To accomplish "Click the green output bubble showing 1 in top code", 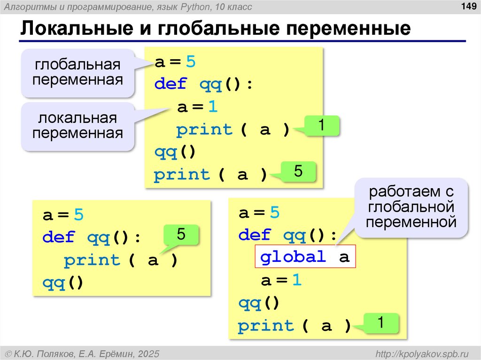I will click(x=322, y=126).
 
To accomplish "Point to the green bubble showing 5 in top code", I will click(x=298, y=172).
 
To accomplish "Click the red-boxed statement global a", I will click(x=305, y=257).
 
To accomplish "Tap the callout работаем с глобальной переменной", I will click(x=412, y=207).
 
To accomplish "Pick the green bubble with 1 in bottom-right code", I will click(x=381, y=323).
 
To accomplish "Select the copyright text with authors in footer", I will click(x=82, y=353).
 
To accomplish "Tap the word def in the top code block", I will click(x=171, y=84).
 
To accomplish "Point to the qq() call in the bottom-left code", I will click(x=62, y=283).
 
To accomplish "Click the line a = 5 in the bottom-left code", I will click(x=62, y=215).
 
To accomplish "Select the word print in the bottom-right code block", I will click(x=266, y=326).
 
